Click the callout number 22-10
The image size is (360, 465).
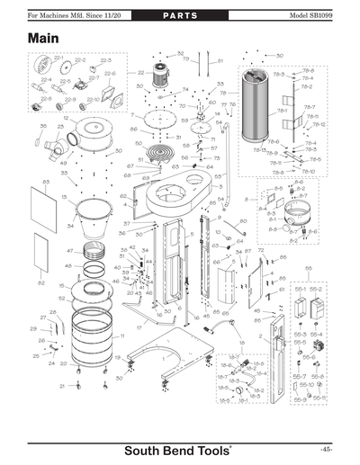(93, 102)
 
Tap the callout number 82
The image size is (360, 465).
(40, 282)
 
